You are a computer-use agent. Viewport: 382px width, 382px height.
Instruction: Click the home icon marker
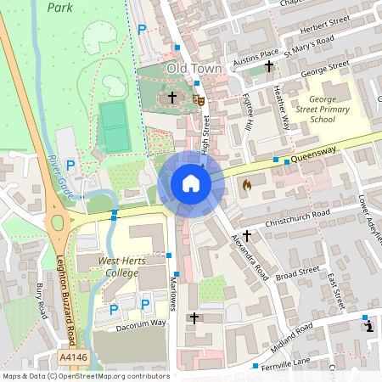[x=191, y=183]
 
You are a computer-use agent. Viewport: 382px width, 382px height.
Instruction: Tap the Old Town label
[x=194, y=68]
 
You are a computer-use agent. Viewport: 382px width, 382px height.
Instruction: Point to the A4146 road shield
[x=74, y=359]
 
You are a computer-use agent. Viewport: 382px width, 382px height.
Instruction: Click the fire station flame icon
[x=247, y=183]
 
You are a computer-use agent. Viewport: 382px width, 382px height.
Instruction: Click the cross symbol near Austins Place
[x=269, y=66]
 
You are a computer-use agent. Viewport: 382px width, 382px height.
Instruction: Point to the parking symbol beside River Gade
[x=71, y=165]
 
